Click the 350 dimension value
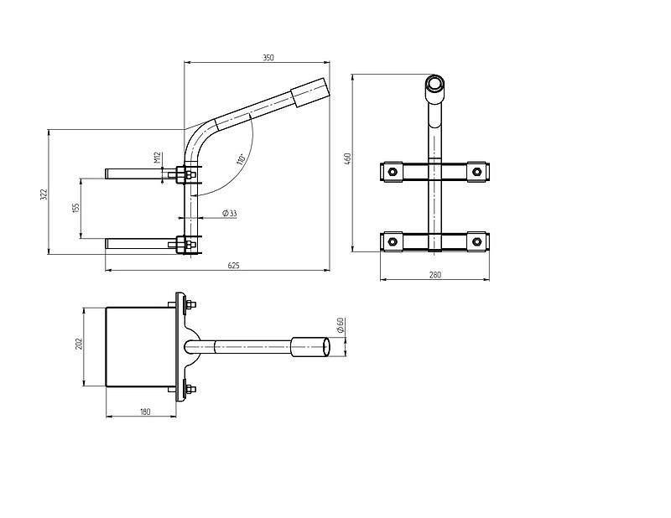[x=268, y=58]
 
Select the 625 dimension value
[x=234, y=266]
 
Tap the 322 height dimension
[x=44, y=194]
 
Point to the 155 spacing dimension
[x=76, y=208]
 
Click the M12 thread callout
[x=157, y=158]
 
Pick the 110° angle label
[x=241, y=159]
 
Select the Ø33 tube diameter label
[x=230, y=213]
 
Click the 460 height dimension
[x=347, y=159]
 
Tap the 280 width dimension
[x=434, y=275]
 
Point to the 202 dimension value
[x=79, y=344]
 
